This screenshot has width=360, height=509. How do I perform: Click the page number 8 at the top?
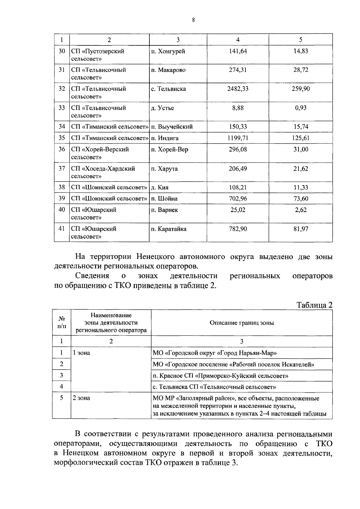(x=193, y=20)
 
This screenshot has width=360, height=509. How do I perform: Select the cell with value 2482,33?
(x=238, y=89)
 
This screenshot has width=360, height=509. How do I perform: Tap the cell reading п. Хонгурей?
(x=168, y=51)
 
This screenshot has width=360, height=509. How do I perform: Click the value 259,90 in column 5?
(x=301, y=89)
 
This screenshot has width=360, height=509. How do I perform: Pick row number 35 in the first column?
(x=62, y=138)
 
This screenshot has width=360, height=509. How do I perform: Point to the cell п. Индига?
(x=165, y=138)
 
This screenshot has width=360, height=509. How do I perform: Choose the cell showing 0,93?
(x=301, y=108)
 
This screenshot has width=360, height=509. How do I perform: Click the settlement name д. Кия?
(x=160, y=188)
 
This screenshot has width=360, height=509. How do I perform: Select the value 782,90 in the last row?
(x=238, y=229)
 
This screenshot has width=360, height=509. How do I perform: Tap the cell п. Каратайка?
(x=169, y=229)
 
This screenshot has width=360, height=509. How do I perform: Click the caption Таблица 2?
(x=314, y=305)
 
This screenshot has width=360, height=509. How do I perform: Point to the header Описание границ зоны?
(x=241, y=323)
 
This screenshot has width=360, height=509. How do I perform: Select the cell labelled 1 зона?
(x=82, y=353)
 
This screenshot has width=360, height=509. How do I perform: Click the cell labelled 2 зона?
(x=82, y=398)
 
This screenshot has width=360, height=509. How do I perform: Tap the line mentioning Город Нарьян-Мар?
(x=215, y=353)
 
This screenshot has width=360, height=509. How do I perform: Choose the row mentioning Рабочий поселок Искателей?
(x=233, y=365)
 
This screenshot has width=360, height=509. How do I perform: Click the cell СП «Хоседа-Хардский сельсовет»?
(x=103, y=172)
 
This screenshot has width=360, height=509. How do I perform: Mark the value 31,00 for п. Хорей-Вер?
(x=301, y=150)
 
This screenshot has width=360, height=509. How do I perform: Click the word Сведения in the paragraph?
(x=92, y=276)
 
